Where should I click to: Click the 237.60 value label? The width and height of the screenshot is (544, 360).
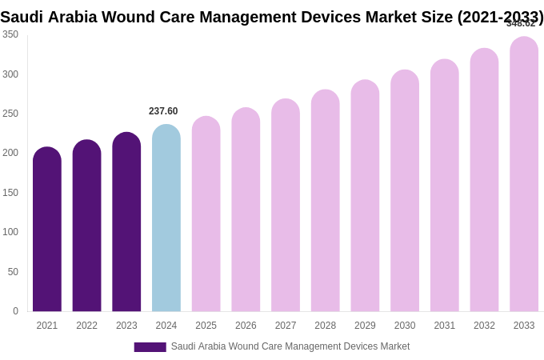(x=163, y=111)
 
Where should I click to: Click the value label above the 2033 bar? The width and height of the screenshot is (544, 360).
(x=521, y=23)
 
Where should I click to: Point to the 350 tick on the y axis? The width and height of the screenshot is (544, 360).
(x=10, y=34)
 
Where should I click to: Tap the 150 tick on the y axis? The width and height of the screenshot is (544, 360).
(x=10, y=193)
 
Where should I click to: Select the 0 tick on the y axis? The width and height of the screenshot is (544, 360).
(x=15, y=311)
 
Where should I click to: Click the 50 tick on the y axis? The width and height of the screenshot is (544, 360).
(x=13, y=272)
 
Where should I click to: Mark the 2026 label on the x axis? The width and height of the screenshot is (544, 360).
(x=246, y=326)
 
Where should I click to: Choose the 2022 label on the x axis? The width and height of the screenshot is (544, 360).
(x=86, y=326)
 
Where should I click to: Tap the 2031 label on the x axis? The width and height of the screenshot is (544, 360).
(x=444, y=326)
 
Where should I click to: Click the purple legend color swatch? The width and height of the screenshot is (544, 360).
(x=150, y=347)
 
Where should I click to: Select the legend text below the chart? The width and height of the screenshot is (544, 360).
(x=290, y=346)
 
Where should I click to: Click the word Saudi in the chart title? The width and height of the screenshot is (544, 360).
(x=22, y=17)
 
